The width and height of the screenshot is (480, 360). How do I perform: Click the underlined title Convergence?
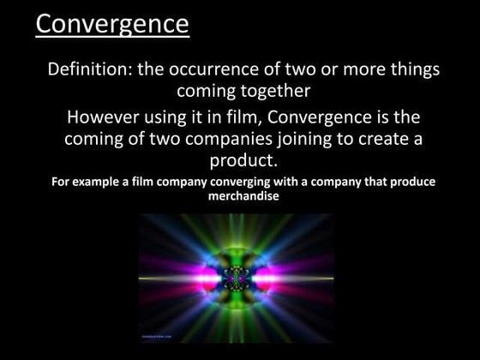(x=112, y=23)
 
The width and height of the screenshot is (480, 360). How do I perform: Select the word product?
(x=243, y=160)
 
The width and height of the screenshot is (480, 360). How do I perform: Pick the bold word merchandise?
(x=243, y=195)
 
